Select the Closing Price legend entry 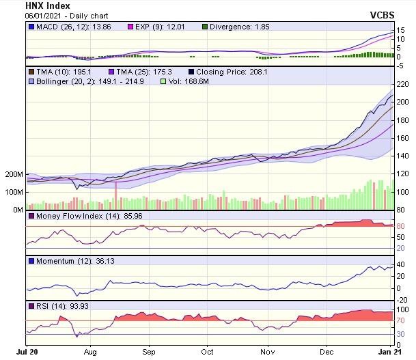tap(223, 72)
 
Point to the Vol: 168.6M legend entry tap(189, 81)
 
